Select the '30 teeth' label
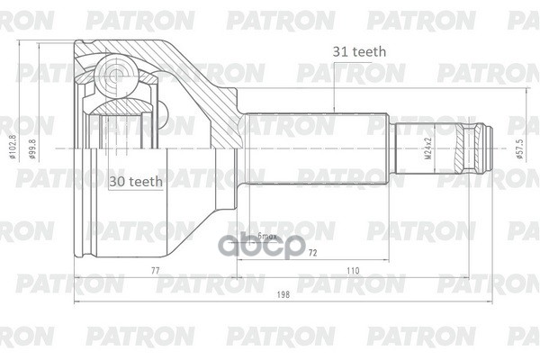(136, 181)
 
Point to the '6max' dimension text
(267, 237)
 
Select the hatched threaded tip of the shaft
(471, 147)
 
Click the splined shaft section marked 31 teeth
(315, 147)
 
